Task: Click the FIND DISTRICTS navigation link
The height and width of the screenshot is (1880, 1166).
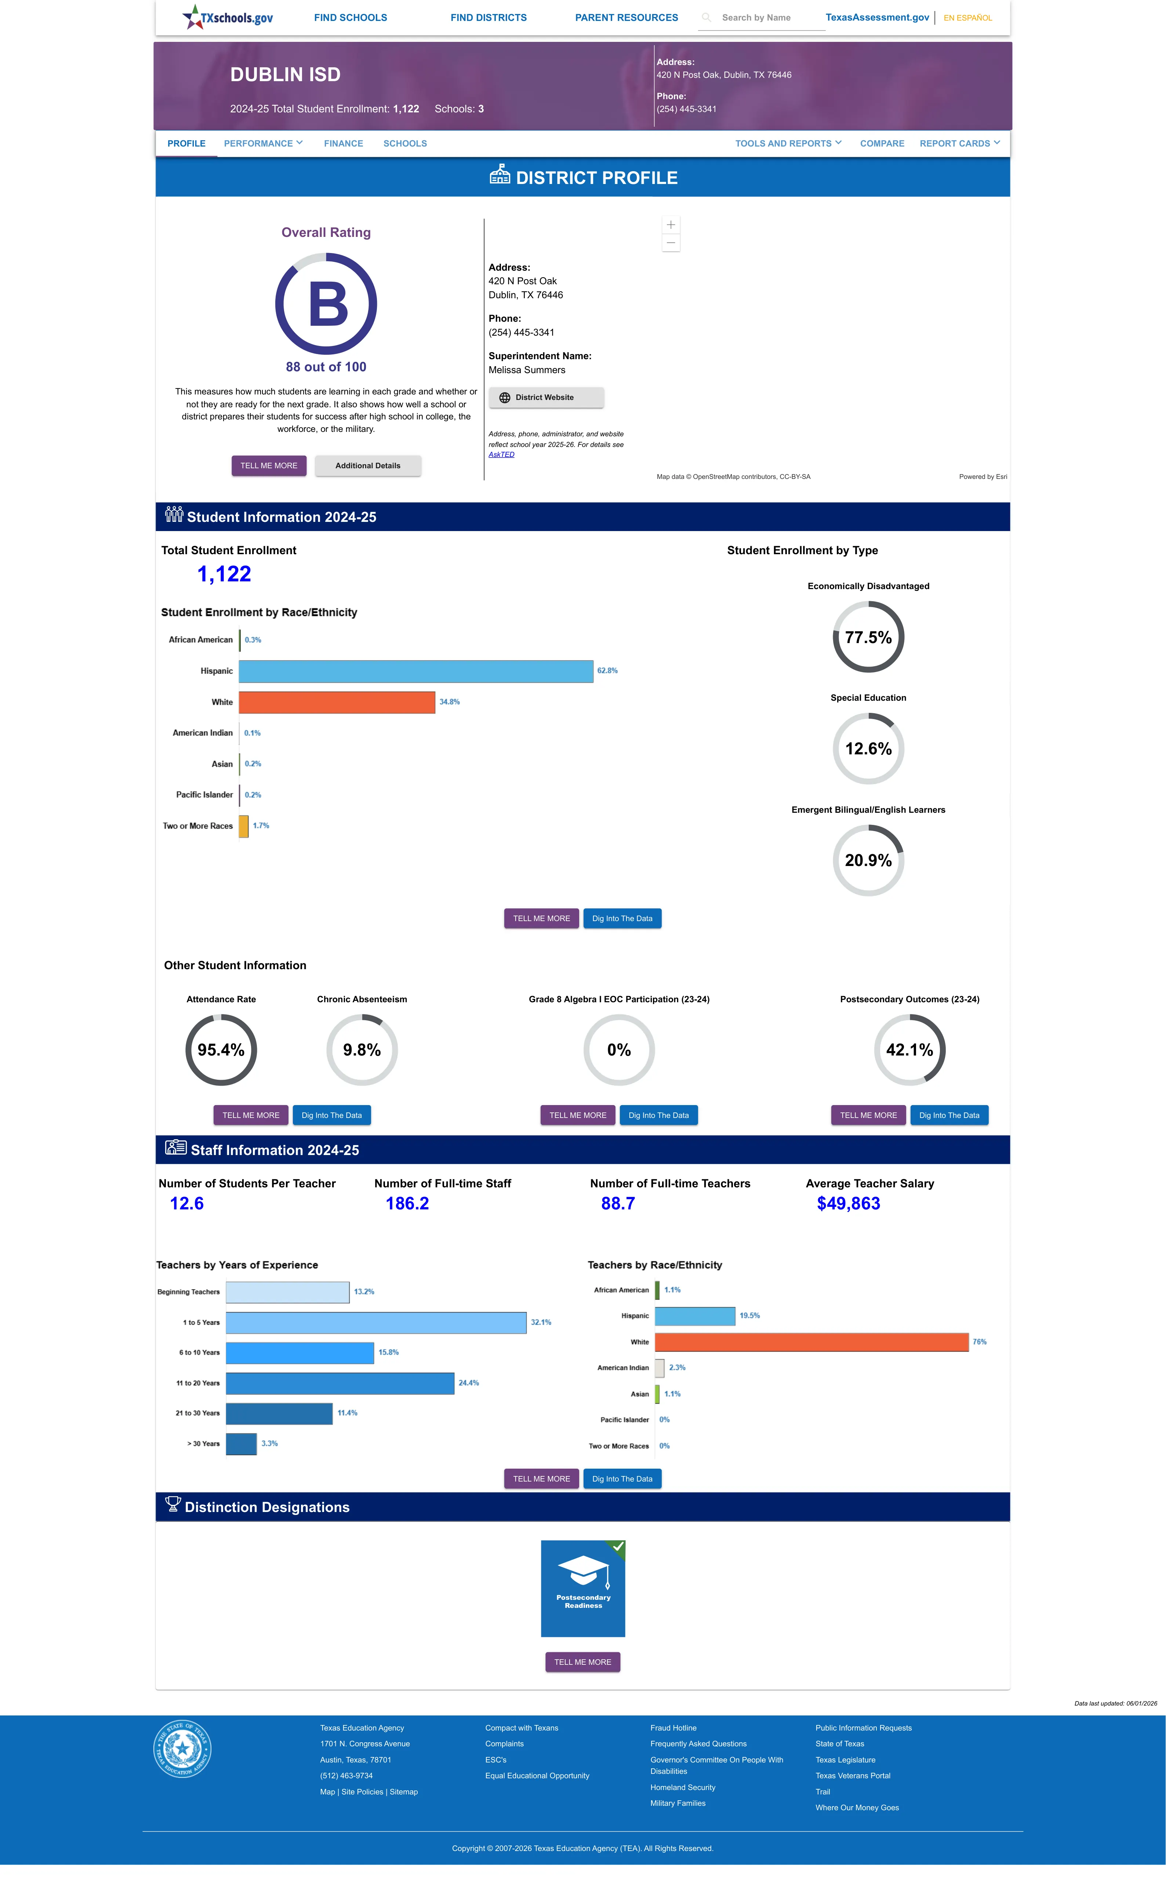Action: click(x=488, y=18)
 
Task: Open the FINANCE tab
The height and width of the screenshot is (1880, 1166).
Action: click(x=343, y=144)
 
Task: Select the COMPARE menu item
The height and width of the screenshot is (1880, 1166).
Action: click(x=882, y=144)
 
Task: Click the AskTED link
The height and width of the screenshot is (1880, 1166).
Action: click(x=501, y=454)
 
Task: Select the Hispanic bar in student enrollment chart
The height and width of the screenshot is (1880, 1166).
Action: click(x=416, y=671)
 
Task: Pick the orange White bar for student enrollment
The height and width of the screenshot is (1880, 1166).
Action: click(x=337, y=702)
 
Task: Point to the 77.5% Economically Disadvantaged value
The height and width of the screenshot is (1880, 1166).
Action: click(x=868, y=637)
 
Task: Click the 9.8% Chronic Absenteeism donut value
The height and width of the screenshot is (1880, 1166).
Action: click(x=362, y=1050)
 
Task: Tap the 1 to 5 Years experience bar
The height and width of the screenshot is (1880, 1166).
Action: click(x=376, y=1322)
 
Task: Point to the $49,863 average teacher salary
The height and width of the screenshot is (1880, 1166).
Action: click(x=848, y=1204)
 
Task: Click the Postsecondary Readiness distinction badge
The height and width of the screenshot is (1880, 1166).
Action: click(x=583, y=1588)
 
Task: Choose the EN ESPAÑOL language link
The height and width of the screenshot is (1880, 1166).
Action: click(x=968, y=18)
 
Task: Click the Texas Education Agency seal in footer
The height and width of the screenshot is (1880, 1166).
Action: click(x=182, y=1748)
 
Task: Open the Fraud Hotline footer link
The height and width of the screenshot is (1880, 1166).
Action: click(x=673, y=1728)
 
